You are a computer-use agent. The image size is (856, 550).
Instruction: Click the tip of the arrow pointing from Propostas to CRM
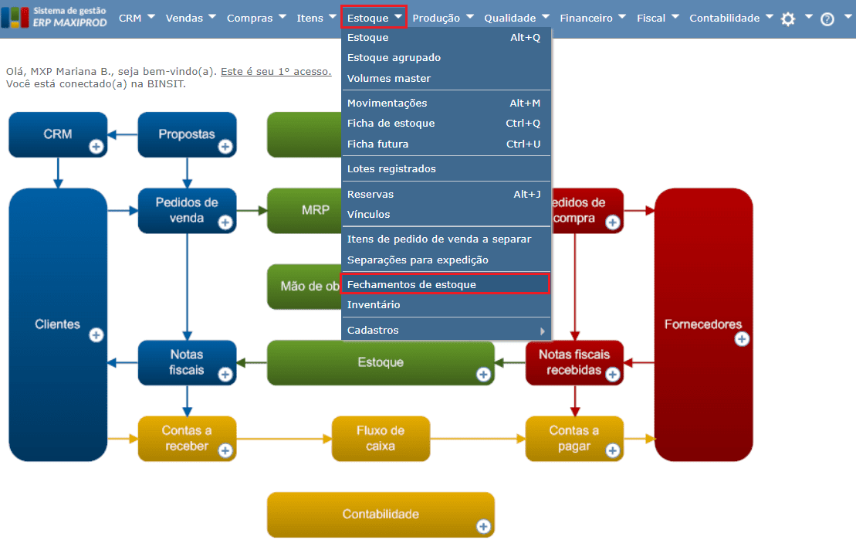(108, 134)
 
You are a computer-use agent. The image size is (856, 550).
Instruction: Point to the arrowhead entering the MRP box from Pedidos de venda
(267, 210)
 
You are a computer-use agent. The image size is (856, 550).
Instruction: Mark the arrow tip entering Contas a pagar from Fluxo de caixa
(525, 439)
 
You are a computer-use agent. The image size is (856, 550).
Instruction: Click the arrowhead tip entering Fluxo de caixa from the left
(332, 439)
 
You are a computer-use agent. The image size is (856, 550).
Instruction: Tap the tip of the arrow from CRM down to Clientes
(58, 188)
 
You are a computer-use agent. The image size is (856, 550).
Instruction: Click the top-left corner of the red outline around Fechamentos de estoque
(340, 273)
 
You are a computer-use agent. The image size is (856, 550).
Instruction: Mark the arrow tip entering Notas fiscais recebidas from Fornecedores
(624, 362)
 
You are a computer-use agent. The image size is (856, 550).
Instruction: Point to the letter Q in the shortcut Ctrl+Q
(536, 124)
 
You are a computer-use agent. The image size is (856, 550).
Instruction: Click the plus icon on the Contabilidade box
(483, 526)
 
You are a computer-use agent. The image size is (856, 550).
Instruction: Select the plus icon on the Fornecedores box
(741, 339)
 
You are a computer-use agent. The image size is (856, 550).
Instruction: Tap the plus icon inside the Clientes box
(96, 334)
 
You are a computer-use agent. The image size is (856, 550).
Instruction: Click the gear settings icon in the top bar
(788, 19)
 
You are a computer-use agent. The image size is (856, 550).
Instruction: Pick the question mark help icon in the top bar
(827, 19)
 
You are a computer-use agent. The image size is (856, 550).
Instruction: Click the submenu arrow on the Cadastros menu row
(542, 331)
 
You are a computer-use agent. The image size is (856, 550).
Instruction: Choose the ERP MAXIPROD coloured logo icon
(15, 18)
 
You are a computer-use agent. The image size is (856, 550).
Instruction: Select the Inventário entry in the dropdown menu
(374, 305)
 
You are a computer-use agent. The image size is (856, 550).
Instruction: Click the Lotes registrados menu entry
(391, 168)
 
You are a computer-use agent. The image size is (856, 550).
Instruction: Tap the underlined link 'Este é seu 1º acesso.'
(276, 72)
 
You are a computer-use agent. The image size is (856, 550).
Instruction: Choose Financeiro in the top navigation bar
(586, 18)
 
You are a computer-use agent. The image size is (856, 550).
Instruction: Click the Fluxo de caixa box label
(381, 438)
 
